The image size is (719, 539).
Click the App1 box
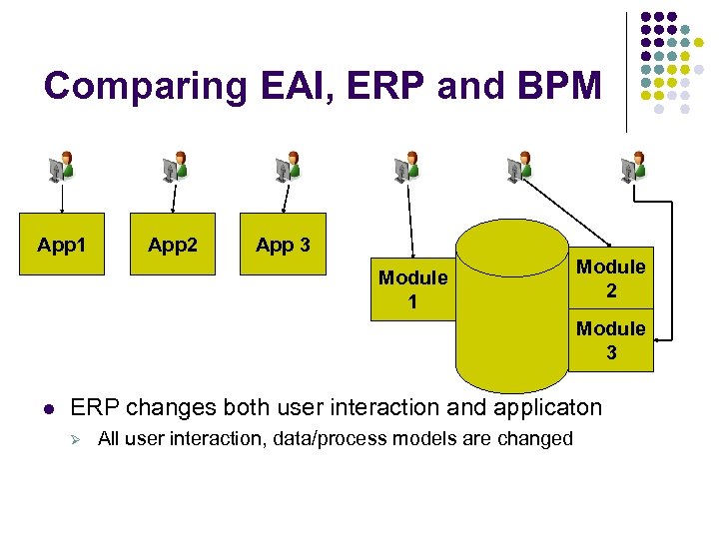click(62, 245)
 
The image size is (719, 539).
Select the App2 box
click(173, 245)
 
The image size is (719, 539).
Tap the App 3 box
click(283, 245)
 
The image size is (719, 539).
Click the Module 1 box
click(411, 289)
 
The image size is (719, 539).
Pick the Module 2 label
click(611, 278)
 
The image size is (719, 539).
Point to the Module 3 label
click(611, 340)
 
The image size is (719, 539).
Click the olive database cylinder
click(511, 309)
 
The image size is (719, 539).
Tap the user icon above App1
click(62, 167)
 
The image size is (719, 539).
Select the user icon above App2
click(176, 167)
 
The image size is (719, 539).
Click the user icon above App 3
click(289, 167)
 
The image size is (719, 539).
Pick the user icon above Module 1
click(406, 167)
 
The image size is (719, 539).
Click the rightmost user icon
click(634, 167)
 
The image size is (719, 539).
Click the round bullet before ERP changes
click(48, 409)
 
